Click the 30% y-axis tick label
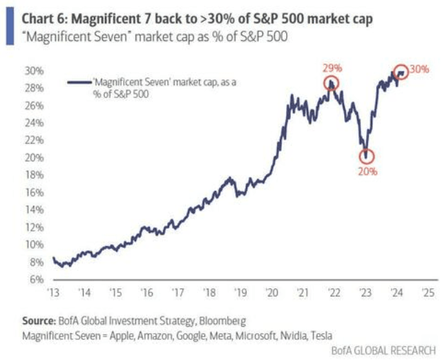[35, 70]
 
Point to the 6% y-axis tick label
[37, 279]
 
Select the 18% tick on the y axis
[35, 175]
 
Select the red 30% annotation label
[419, 69]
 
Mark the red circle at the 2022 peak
[333, 83]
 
